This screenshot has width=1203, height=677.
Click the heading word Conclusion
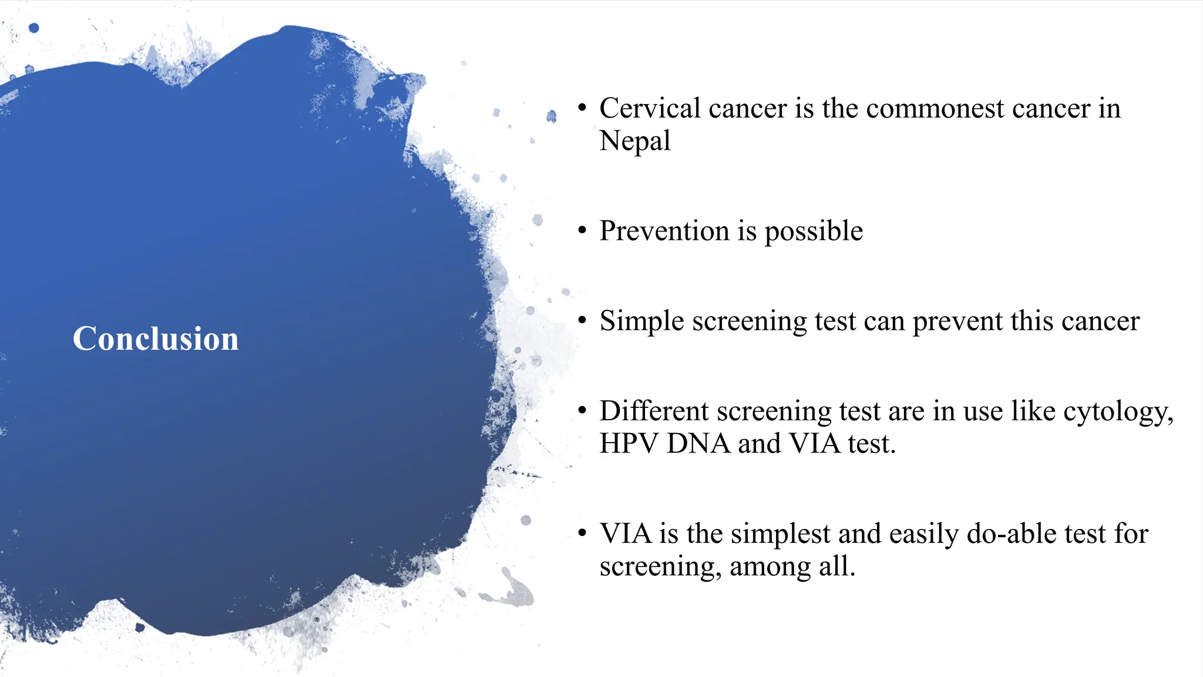156,339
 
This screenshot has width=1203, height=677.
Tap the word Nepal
634,142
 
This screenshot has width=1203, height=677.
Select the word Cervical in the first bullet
650,109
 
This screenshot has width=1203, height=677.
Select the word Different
654,411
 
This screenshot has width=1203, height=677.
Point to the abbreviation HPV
629,444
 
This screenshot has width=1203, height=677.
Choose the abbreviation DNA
698,444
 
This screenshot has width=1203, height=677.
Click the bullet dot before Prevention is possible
582,231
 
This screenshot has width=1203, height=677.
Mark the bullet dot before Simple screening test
582,321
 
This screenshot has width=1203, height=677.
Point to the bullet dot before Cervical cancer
582,108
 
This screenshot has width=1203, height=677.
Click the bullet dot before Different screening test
582,411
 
